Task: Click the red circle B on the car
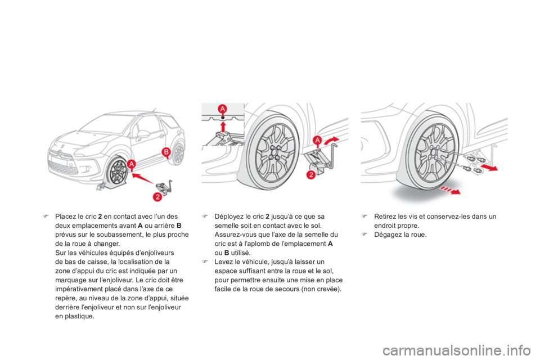pyautogui.click(x=166, y=151)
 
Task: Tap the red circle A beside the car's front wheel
pyautogui.click(x=132, y=164)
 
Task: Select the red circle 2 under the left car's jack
pyautogui.click(x=157, y=197)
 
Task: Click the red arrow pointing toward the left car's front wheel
pyautogui.click(x=143, y=178)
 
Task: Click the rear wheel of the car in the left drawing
pyautogui.click(x=178, y=153)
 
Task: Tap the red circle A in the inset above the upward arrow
pyautogui.click(x=223, y=109)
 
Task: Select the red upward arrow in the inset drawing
pyautogui.click(x=223, y=127)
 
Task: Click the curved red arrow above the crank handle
pyautogui.click(x=331, y=140)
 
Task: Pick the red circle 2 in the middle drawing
pyautogui.click(x=310, y=175)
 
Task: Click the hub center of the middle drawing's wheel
pyautogui.click(x=274, y=152)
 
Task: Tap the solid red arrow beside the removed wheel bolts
pyautogui.click(x=489, y=168)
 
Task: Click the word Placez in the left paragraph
pyautogui.click(x=65, y=217)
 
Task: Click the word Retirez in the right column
pyautogui.click(x=385, y=217)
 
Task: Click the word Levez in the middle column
pyautogui.click(x=223, y=262)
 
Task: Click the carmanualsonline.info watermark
pyautogui.click(x=458, y=351)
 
